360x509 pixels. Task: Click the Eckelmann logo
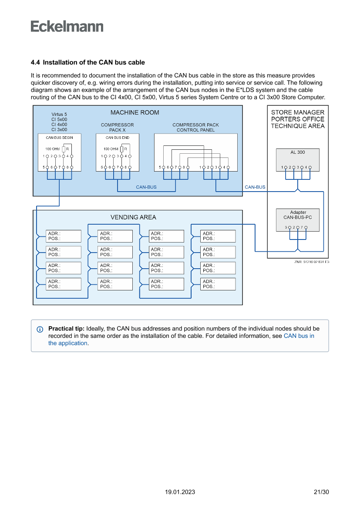click(x=67, y=26)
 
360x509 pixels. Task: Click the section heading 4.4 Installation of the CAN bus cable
click(x=87, y=63)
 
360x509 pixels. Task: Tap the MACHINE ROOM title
click(x=135, y=112)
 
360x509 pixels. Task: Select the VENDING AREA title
click(x=133, y=217)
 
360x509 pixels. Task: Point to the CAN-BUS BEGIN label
click(x=59, y=138)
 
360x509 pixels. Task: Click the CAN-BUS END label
click(x=117, y=138)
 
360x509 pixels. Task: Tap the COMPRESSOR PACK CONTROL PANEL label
click(x=195, y=127)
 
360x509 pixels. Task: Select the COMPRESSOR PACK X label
click(x=117, y=127)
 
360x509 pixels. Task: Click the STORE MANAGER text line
click(x=298, y=112)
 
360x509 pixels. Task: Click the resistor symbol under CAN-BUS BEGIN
click(x=64, y=149)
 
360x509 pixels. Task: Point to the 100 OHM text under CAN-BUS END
click(x=111, y=149)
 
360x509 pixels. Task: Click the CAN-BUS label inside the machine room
click(x=146, y=187)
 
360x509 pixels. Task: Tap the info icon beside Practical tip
click(x=40, y=329)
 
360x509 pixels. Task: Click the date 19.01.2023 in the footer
click(x=180, y=492)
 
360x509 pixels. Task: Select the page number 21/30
click(x=321, y=492)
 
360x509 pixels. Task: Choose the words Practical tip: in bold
click(x=66, y=329)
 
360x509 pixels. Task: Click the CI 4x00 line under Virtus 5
click(x=59, y=124)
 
